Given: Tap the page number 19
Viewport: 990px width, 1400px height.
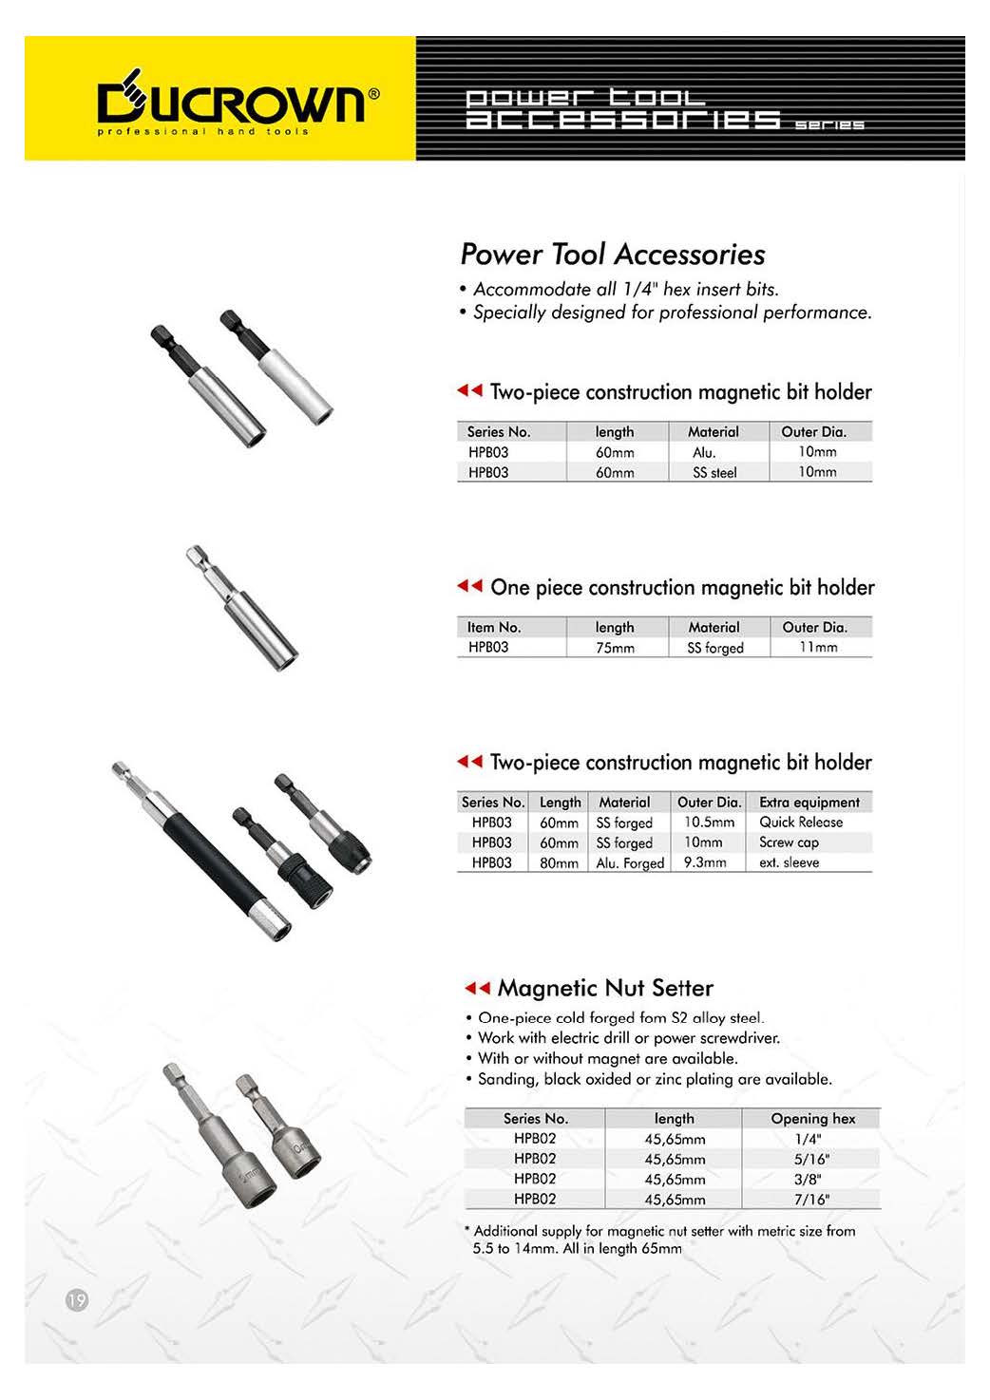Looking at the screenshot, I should (76, 1299).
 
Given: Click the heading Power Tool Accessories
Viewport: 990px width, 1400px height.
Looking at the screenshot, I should (612, 255).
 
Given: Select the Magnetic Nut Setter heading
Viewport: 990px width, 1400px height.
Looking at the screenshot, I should (604, 988).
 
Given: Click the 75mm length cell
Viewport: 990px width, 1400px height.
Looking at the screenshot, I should (615, 648).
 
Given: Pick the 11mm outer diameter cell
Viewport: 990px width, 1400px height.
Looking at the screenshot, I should (818, 647).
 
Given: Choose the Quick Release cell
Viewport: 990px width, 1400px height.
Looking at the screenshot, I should (800, 823).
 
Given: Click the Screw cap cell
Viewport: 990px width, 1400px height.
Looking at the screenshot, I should (788, 842).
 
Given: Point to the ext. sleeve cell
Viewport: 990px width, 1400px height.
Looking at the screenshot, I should (788, 862).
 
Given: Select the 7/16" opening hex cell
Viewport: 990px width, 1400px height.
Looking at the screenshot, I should (811, 1199).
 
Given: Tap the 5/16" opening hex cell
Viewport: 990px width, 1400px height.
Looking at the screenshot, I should (811, 1159).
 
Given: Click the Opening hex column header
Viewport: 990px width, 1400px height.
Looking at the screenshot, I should (812, 1119).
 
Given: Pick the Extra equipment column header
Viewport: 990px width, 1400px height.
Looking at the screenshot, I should (809, 803).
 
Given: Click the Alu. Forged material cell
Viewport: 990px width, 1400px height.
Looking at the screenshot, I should (630, 863).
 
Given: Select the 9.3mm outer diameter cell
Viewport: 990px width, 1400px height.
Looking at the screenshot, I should (705, 862).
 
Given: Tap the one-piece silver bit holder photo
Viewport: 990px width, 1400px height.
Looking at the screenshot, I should (242, 608).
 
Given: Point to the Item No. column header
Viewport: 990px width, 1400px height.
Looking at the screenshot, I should (493, 627).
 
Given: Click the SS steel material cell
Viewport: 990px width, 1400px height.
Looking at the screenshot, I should (714, 472).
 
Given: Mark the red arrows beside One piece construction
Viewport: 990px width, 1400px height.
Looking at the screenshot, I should (469, 586).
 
